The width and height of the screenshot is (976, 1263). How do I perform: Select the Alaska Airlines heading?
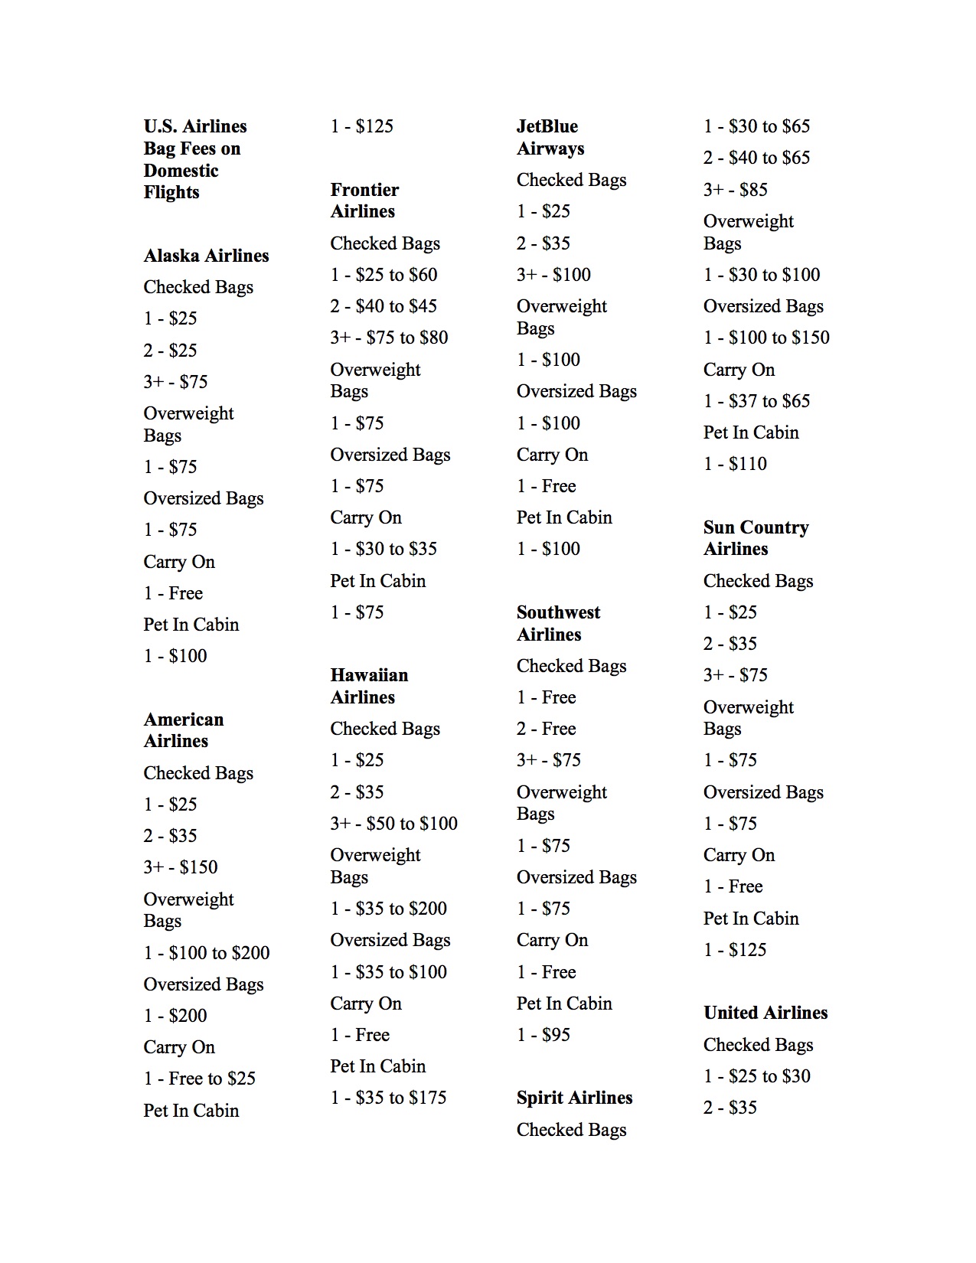click(x=206, y=256)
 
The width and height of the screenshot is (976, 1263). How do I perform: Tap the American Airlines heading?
click(x=184, y=730)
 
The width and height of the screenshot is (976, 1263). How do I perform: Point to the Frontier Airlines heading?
click(x=364, y=201)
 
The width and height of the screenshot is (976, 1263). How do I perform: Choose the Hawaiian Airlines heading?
click(x=369, y=686)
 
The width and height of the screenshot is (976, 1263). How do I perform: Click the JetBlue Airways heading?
click(x=550, y=137)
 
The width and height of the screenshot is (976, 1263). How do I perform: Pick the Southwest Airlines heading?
click(x=558, y=623)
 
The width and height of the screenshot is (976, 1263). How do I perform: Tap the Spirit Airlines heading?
click(x=574, y=1098)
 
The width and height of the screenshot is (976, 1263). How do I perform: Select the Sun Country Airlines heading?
click(x=756, y=538)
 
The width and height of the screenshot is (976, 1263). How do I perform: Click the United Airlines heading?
click(x=765, y=1013)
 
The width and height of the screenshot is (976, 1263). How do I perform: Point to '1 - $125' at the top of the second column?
click(x=361, y=126)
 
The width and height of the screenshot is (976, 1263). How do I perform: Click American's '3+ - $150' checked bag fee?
click(x=181, y=867)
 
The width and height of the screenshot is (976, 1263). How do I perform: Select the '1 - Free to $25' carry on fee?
click(x=199, y=1079)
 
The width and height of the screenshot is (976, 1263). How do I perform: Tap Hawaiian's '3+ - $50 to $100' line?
click(x=393, y=824)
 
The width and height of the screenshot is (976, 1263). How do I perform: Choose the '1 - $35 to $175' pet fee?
click(x=388, y=1098)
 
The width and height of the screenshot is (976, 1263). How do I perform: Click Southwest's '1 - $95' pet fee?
click(x=543, y=1035)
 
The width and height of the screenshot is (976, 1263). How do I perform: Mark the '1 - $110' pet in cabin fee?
click(x=735, y=464)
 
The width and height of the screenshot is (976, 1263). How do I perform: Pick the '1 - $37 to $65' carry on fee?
click(x=756, y=401)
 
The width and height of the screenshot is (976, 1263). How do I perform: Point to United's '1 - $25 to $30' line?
click(x=756, y=1076)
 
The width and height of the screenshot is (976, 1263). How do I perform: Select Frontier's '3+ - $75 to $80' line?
click(x=389, y=338)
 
